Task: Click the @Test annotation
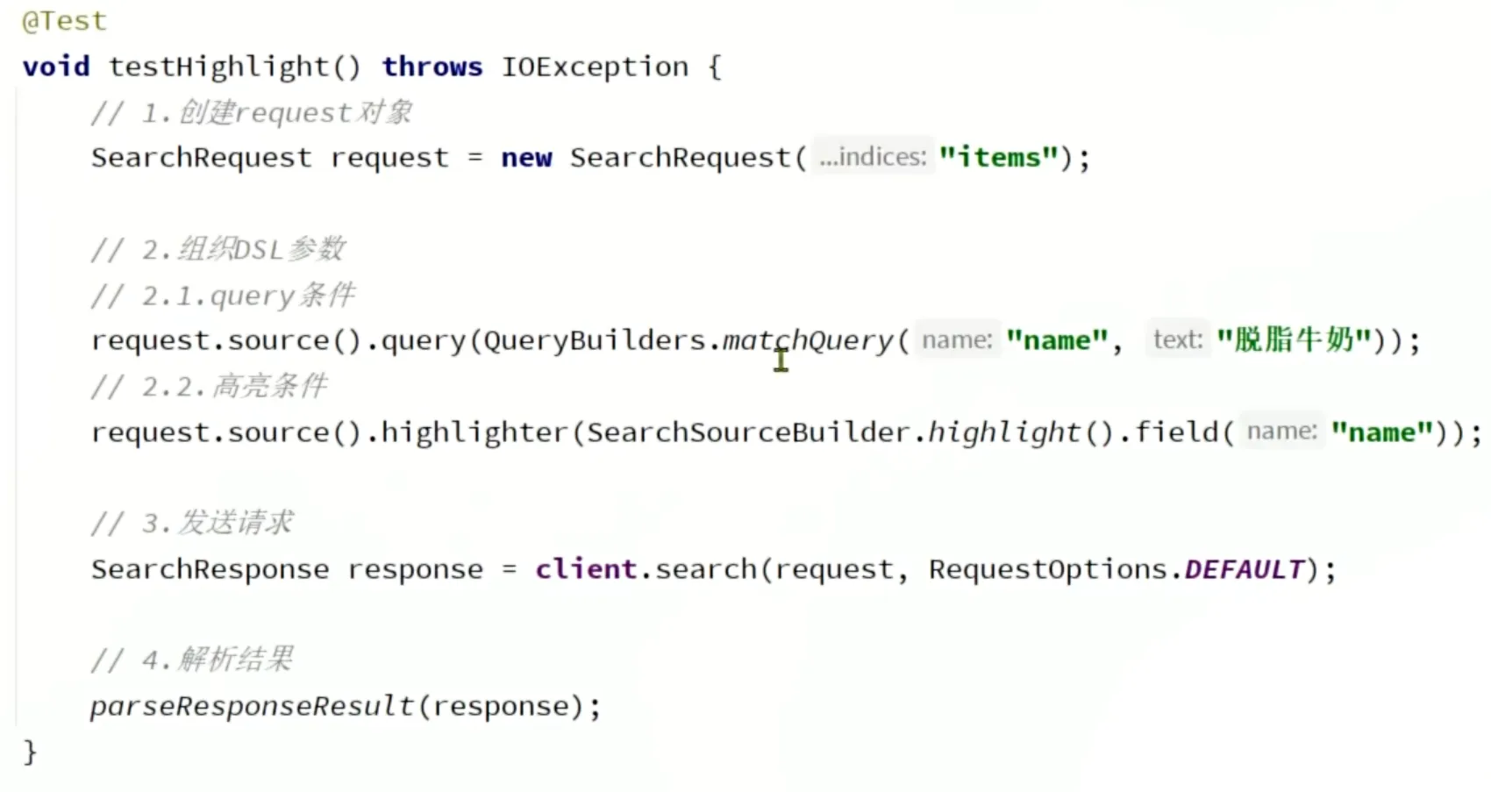64,21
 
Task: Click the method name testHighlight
218,67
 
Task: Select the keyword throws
432,67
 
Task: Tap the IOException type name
595,67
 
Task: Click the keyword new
526,158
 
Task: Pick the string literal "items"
998,158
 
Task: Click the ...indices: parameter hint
872,157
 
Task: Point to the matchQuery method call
807,340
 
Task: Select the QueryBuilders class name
595,340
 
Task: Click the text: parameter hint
1177,339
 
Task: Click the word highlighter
474,432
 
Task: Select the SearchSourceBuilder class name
748,432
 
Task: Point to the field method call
1175,432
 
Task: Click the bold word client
586,569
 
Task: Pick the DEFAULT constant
1244,569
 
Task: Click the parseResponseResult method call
252,706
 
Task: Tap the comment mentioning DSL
218,250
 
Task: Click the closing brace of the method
30,752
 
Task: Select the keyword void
56,67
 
